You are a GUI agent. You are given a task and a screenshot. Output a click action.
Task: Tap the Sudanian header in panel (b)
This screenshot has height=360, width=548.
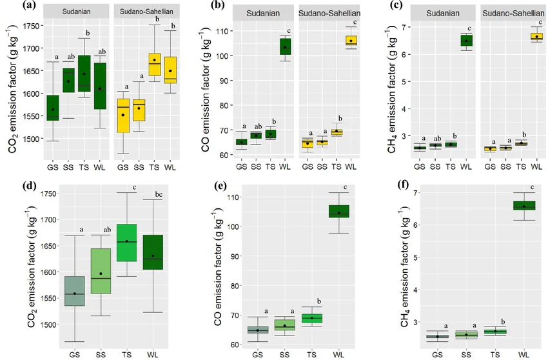point(263,14)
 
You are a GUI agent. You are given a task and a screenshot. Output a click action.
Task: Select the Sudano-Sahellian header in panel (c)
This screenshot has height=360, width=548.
point(513,14)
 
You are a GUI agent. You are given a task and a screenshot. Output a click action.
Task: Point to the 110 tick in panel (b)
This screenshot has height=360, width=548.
point(222,32)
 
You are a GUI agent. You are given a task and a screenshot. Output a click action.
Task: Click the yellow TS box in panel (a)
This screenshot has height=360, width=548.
point(154,65)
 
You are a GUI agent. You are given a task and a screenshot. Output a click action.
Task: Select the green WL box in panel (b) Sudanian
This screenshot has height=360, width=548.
point(285,46)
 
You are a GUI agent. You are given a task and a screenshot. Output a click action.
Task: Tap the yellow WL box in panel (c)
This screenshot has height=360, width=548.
point(536,37)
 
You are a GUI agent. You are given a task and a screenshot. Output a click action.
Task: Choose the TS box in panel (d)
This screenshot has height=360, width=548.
point(126,243)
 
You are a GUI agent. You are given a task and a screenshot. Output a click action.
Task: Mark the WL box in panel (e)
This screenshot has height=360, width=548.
point(338,212)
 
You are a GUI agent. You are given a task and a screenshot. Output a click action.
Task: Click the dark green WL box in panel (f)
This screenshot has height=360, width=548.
point(524,206)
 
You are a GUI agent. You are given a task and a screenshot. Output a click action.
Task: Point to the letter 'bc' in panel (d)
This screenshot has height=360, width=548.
point(159,195)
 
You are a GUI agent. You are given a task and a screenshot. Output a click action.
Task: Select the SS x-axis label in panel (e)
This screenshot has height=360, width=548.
point(284,355)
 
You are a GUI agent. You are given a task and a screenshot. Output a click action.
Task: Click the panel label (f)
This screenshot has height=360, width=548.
point(406,185)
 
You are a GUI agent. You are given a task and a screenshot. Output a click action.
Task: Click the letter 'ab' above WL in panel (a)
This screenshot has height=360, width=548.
point(102,52)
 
